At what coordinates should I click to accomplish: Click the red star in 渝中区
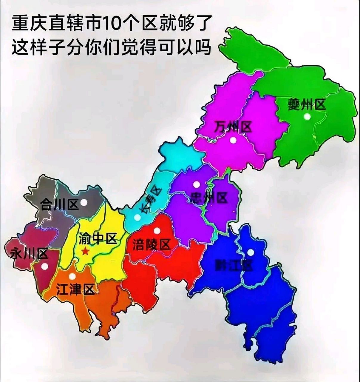point(85,252)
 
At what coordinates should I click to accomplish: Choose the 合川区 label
point(59,205)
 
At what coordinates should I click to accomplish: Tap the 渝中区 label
point(98,238)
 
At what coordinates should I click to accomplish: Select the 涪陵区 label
point(151,245)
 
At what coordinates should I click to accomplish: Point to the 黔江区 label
point(234,265)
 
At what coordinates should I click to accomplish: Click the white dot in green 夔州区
point(307,117)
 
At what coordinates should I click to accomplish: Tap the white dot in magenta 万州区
point(233,140)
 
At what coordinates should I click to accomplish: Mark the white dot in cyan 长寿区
point(137,218)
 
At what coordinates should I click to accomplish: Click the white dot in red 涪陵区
point(157,230)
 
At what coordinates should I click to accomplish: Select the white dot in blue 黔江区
point(251,252)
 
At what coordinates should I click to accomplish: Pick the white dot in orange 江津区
point(72,276)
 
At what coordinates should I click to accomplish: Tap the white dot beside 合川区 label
point(84,202)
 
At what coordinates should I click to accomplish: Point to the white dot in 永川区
point(44,266)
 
